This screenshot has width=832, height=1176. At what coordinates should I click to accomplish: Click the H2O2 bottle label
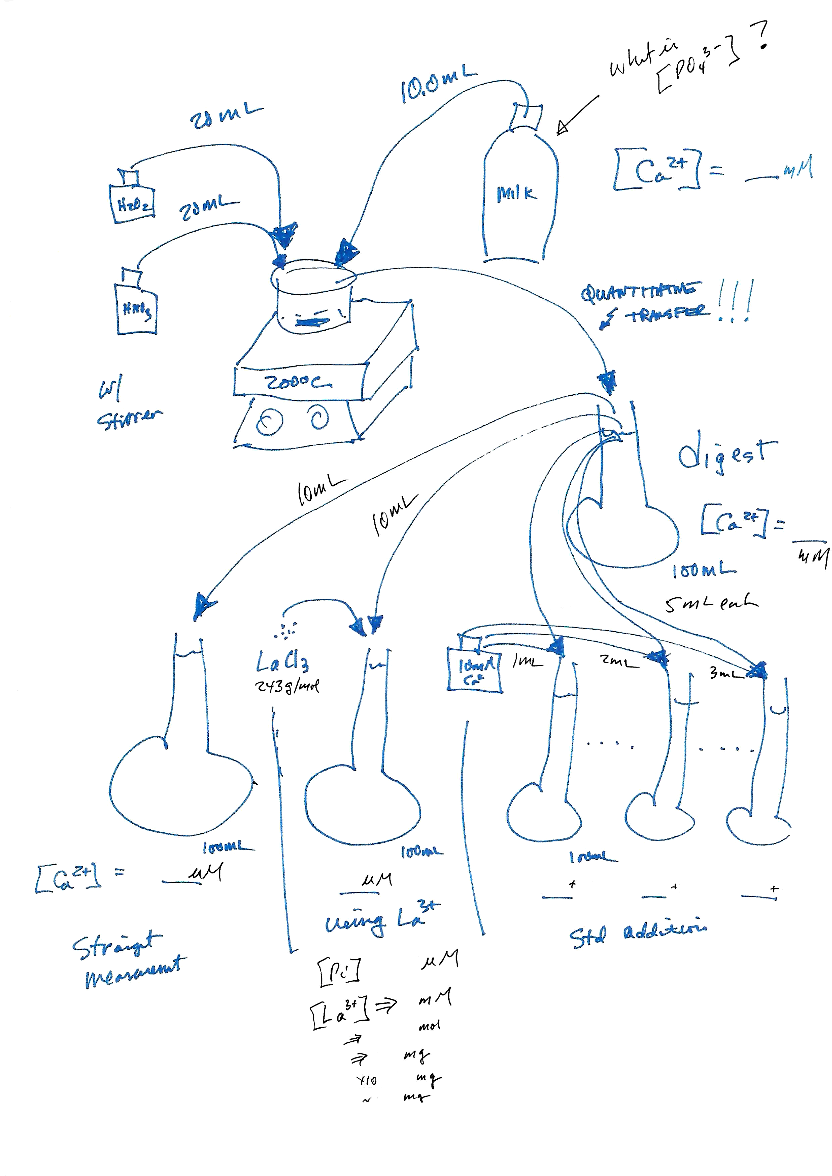pos(133,205)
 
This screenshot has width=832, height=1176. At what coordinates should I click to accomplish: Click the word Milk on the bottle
pos(516,194)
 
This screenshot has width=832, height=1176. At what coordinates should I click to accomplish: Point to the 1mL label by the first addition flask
pos(526,662)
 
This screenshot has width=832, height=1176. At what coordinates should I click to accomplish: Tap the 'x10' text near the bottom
pos(367,1080)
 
